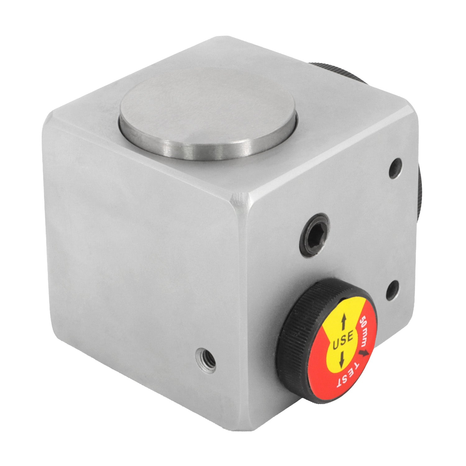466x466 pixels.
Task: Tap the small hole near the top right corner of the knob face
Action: coord(395,169)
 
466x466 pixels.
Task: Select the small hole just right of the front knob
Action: coord(392,290)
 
